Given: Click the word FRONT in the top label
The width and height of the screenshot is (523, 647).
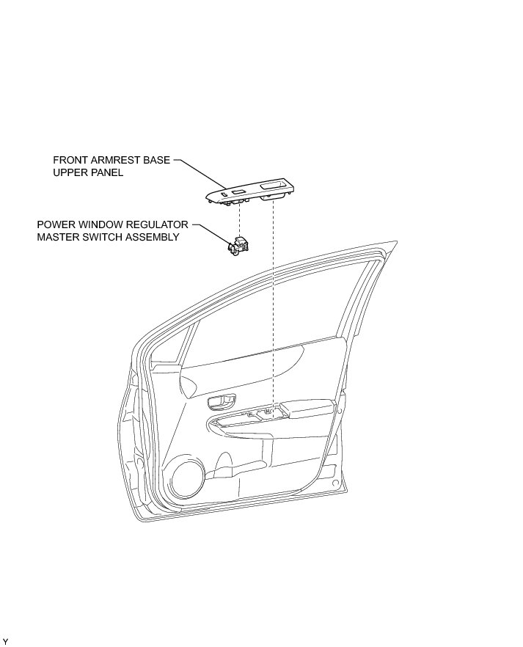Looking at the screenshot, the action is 70,159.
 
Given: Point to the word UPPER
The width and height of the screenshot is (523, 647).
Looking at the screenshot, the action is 70,173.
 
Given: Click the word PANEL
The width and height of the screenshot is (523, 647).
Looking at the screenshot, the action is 106,173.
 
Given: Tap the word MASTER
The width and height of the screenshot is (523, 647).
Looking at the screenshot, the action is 58,237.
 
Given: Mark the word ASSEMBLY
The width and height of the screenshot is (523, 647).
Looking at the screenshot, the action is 153,237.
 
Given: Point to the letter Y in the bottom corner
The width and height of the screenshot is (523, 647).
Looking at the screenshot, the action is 5,642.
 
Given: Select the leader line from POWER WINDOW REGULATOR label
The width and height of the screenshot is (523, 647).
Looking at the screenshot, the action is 213,231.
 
